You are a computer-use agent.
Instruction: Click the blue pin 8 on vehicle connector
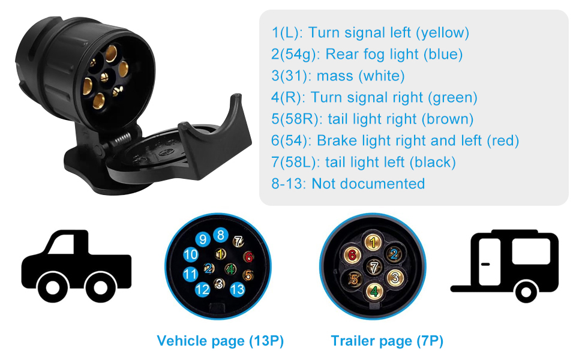(220, 235)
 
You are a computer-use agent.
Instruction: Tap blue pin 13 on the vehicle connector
(238, 289)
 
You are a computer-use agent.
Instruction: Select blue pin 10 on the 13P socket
(191, 254)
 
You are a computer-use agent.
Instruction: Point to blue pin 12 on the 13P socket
(203, 289)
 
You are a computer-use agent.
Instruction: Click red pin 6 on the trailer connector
(352, 255)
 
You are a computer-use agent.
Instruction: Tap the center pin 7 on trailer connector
(374, 267)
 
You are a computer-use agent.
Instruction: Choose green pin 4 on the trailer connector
(374, 292)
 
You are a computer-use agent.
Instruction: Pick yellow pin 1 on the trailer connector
(373, 242)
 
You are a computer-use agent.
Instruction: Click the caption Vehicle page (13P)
(220, 341)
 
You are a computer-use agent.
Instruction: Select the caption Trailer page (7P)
(387, 341)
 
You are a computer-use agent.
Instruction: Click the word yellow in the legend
(442, 32)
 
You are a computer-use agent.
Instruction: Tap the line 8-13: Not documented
(348, 184)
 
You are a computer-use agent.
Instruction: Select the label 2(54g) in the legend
(295, 55)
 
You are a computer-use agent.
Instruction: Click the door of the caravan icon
(490, 262)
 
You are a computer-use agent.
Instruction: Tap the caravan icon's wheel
(526, 292)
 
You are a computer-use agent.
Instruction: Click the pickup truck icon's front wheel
(101, 287)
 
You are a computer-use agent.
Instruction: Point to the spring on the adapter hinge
(121, 139)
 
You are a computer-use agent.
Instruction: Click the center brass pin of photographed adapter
(104, 77)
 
